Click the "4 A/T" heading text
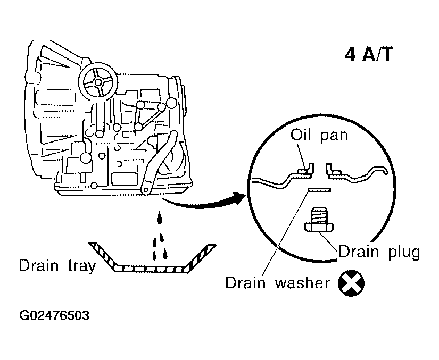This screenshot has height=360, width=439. click(369, 54)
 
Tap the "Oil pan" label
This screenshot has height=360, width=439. click(319, 135)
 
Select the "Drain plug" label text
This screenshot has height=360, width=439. click(379, 252)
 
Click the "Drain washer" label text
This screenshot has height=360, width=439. click(278, 282)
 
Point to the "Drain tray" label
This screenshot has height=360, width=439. click(57, 266)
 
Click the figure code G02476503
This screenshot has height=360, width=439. click(54, 315)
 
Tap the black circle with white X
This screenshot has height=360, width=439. click(351, 283)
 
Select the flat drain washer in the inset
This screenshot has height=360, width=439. click(319, 190)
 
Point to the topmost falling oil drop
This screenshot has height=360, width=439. click(160, 217)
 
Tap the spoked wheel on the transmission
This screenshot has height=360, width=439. click(98, 82)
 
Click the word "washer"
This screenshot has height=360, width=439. click(303, 282)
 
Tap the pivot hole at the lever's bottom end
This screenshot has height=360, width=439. click(146, 190)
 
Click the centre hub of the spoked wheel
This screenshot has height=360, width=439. click(98, 82)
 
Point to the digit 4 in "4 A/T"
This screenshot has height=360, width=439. click(350, 55)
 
